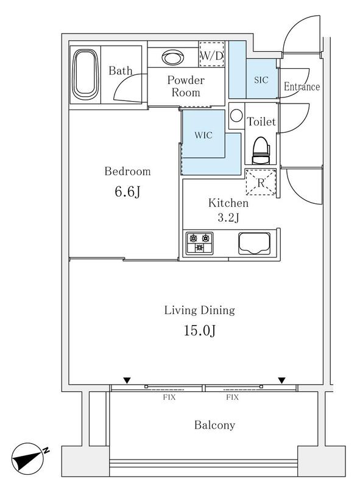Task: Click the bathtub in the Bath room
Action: [83, 74]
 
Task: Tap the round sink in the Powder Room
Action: [173, 57]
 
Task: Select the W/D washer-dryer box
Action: [211, 54]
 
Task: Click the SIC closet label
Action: [261, 80]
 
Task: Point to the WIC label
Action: [203, 135]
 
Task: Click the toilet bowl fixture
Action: [261, 150]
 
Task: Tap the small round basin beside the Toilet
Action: [236, 116]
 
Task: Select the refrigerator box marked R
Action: [261, 182]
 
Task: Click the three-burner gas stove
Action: [199, 243]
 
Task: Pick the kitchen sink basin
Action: [253, 243]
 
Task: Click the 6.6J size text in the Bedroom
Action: [127, 192]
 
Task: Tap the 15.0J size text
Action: [200, 331]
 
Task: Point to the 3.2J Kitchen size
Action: [228, 217]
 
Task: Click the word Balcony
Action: [214, 425]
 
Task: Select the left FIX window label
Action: [169, 397]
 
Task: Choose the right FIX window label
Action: [232, 397]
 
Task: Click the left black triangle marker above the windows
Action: [127, 380]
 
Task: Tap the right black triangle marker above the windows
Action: [281, 380]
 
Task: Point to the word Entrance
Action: [302, 86]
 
